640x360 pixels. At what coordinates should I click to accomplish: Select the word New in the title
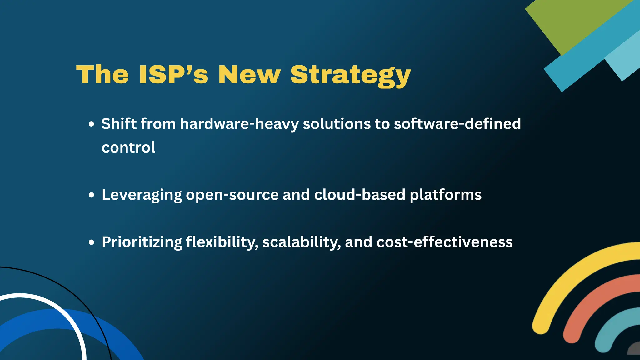click(x=249, y=75)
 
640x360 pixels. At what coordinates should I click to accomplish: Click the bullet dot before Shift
click(x=91, y=124)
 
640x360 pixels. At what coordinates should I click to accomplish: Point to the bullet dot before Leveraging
click(x=91, y=195)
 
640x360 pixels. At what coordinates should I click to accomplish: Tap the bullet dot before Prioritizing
click(x=91, y=242)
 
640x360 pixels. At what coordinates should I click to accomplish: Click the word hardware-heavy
click(x=239, y=124)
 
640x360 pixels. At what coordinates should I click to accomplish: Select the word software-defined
click(x=457, y=124)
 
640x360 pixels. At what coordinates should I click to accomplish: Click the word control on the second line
click(x=128, y=147)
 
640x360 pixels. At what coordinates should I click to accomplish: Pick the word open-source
click(x=232, y=195)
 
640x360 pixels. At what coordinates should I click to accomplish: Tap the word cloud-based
click(x=360, y=195)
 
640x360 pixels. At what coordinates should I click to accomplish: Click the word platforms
click(x=445, y=195)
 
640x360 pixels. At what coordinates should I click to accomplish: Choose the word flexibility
click(x=222, y=242)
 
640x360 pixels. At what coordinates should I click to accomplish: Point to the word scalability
click(x=301, y=242)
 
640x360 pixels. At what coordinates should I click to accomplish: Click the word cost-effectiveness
click(x=444, y=242)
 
